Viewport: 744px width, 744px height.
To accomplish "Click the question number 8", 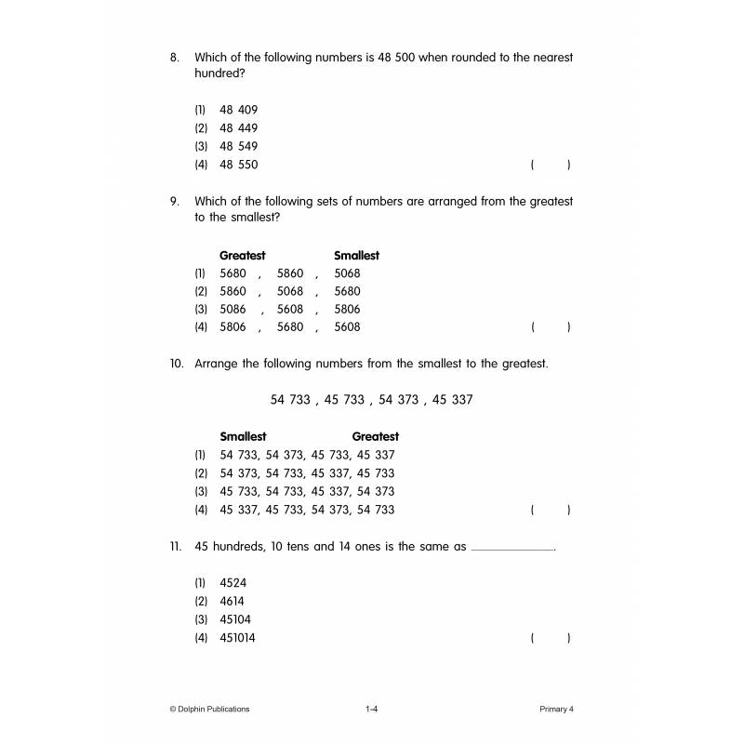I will [x=173, y=58].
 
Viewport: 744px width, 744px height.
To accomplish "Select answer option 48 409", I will [x=239, y=110].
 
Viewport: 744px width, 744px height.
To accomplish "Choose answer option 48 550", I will [x=239, y=165].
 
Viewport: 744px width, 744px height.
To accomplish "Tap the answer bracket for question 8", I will [x=551, y=165].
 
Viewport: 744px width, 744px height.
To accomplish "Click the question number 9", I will [x=173, y=201].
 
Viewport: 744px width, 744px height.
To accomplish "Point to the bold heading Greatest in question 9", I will [x=243, y=255].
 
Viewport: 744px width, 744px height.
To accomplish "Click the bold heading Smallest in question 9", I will [x=356, y=255].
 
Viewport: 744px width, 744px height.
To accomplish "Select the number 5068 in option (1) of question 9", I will [x=347, y=273].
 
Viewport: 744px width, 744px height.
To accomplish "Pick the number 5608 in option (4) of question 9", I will [x=347, y=327].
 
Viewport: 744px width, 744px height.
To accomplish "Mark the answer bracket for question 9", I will [x=551, y=327].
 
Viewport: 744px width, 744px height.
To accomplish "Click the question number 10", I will [x=177, y=364].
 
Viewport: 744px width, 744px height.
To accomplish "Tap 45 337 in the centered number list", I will [x=453, y=400].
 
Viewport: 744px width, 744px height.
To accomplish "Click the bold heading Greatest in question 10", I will [x=376, y=436].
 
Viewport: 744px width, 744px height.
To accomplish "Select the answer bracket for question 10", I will [x=551, y=510].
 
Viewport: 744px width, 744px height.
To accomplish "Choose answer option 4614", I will [x=233, y=601].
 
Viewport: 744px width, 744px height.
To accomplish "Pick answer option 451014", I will [x=238, y=638].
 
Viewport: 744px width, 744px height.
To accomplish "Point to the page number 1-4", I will [x=371, y=709].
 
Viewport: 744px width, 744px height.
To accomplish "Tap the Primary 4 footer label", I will [x=557, y=709].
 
